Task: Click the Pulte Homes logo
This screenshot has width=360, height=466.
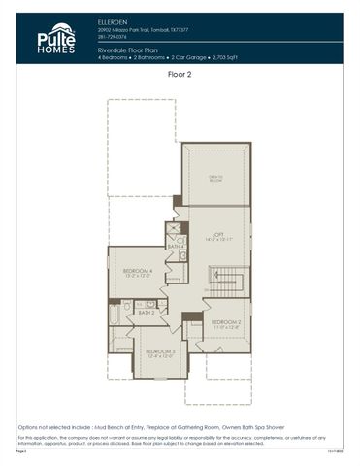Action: click(55, 38)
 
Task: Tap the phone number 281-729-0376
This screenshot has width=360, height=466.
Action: click(113, 37)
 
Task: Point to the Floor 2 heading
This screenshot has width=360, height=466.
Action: click(180, 73)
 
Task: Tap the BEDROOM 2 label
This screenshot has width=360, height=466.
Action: click(226, 321)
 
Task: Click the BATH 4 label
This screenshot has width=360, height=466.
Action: click(175, 247)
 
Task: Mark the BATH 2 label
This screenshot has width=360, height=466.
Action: click(146, 312)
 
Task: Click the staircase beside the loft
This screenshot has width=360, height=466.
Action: click(225, 284)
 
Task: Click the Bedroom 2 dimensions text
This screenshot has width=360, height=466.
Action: click(226, 327)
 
